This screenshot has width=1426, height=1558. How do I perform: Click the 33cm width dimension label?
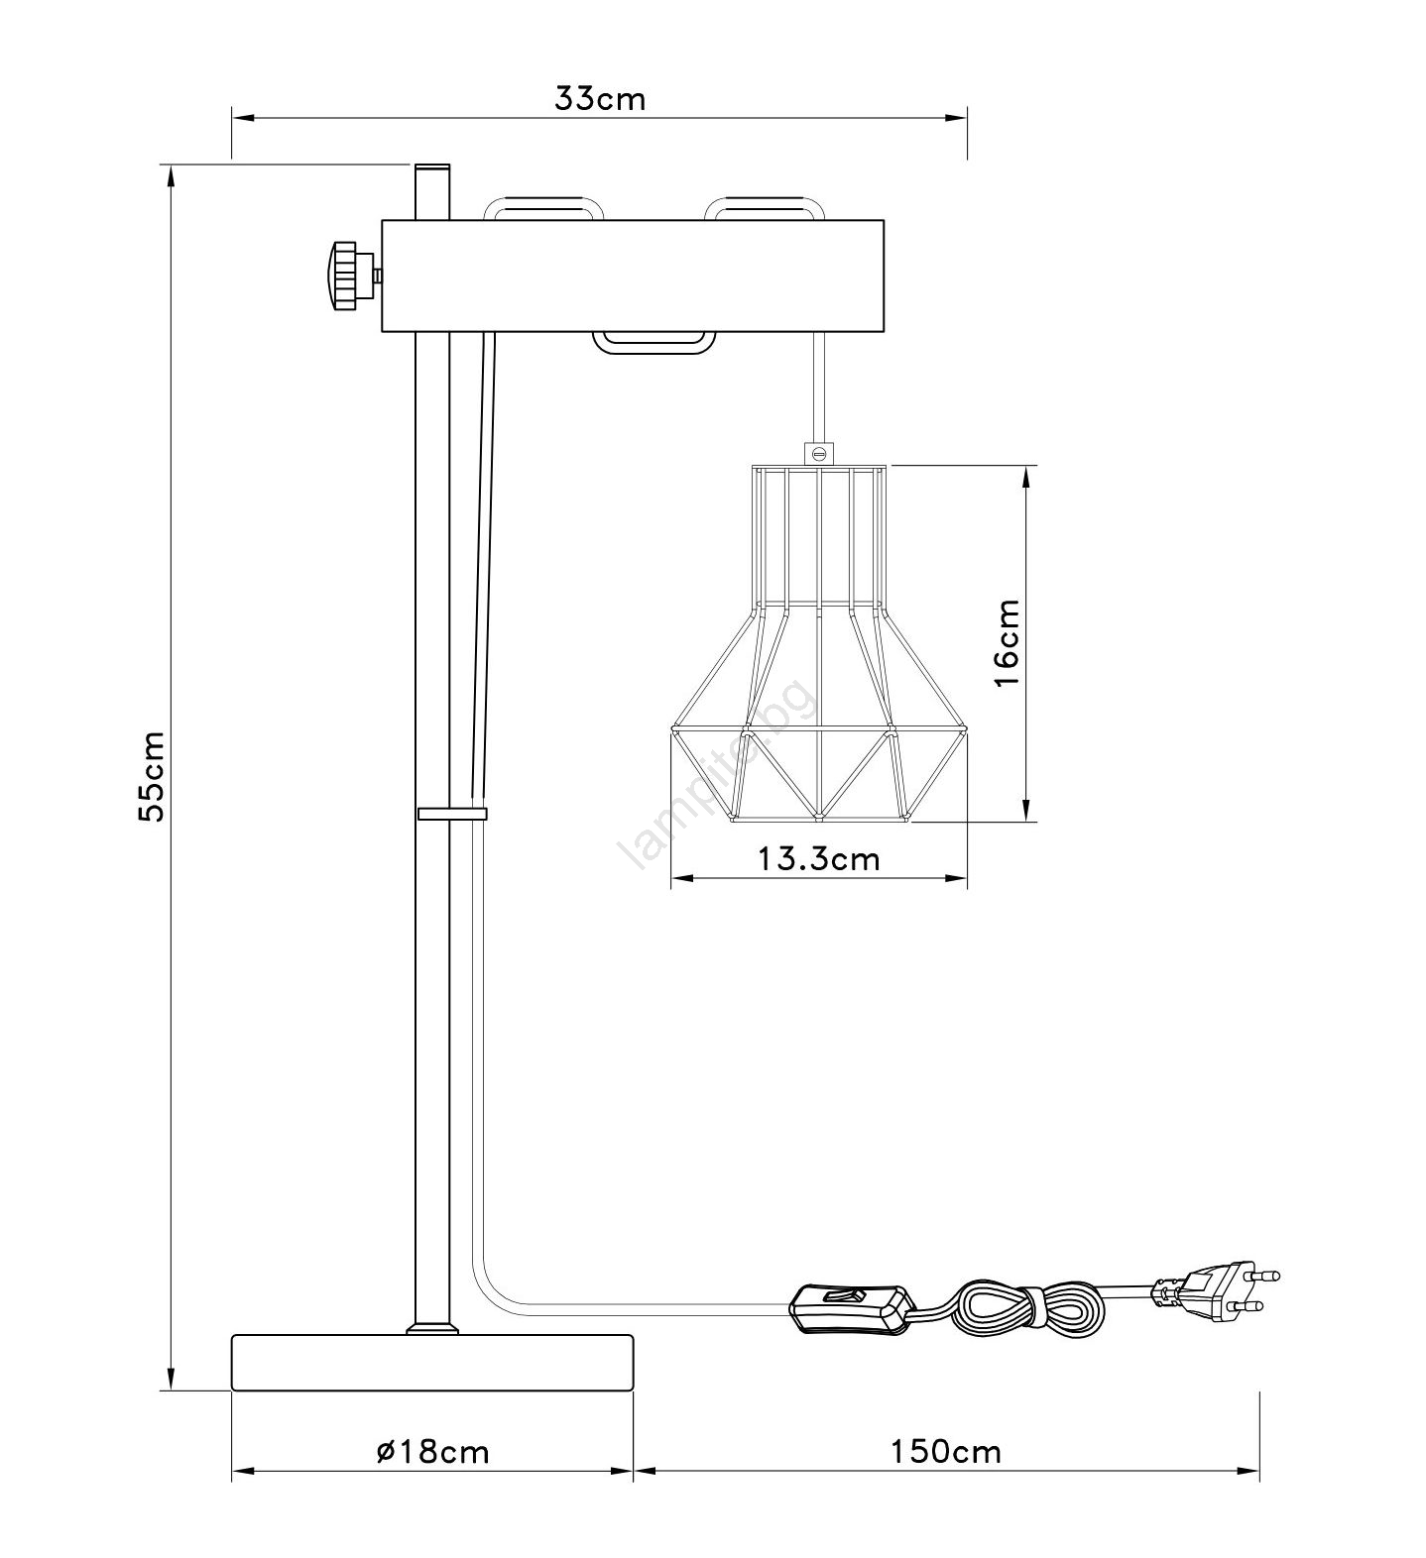coord(599,99)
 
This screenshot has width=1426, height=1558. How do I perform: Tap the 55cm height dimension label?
coord(152,776)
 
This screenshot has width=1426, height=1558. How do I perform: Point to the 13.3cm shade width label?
coord(819,857)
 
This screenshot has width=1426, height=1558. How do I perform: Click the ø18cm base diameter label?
coord(433,1452)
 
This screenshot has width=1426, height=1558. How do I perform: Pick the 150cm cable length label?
coord(945,1452)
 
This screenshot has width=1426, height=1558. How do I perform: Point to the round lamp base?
coord(432,1363)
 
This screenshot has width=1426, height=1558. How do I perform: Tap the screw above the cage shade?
coord(819,453)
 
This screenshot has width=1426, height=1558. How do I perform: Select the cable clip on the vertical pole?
coord(453,814)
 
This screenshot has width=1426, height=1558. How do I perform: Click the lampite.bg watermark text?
coord(717,778)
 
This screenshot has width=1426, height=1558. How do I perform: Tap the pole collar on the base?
coord(432,1328)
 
